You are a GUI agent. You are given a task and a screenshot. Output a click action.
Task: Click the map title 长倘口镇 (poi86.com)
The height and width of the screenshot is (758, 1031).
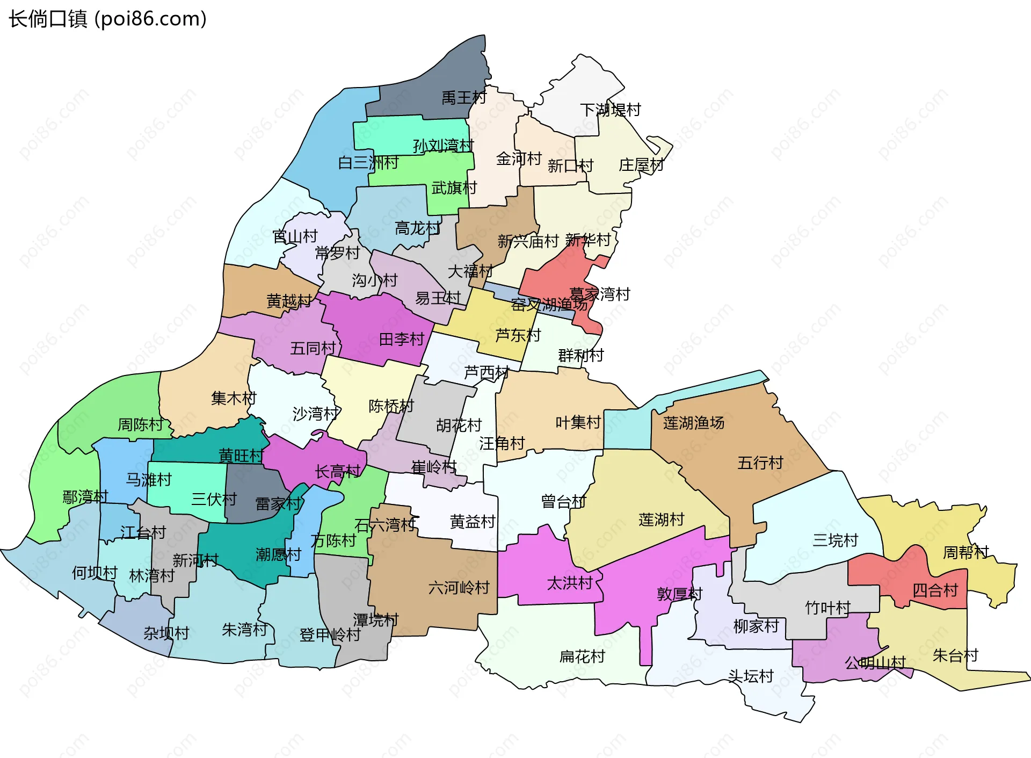tap(107, 19)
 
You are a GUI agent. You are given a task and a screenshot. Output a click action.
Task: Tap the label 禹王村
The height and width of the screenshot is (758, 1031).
tap(463, 98)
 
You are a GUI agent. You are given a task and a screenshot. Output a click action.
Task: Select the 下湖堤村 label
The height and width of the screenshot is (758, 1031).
tap(611, 110)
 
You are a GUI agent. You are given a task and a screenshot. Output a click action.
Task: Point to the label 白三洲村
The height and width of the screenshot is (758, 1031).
tap(368, 162)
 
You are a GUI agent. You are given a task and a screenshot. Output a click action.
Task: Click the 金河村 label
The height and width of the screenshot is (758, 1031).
tap(519, 159)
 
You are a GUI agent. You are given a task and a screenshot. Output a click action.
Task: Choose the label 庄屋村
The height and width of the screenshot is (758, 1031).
tap(641, 165)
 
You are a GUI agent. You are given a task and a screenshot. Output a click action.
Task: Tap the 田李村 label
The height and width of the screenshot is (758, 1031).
tap(402, 340)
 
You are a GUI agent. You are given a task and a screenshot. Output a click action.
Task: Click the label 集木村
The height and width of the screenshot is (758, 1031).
tap(234, 399)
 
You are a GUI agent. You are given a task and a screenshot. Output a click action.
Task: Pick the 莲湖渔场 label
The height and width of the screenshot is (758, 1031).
tap(693, 423)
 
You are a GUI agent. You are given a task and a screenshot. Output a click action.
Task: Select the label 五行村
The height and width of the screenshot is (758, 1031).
tap(760, 463)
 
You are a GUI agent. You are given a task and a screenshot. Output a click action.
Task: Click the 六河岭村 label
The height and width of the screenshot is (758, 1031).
tap(459, 588)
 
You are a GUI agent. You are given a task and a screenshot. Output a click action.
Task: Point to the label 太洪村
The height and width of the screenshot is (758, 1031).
tap(569, 583)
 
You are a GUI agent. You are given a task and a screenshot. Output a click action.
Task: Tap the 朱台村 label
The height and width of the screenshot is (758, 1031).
tap(955, 656)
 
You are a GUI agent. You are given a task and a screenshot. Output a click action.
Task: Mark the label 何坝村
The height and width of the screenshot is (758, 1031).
tap(95, 573)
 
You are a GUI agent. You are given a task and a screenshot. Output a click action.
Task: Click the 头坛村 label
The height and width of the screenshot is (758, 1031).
tap(750, 676)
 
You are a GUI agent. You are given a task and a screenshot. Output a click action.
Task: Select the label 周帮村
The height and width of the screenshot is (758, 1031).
tap(965, 553)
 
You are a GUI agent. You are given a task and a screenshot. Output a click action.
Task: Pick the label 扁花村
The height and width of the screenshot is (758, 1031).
tap(582, 656)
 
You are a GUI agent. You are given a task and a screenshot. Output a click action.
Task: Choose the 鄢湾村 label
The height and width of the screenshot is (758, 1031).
tap(85, 497)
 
